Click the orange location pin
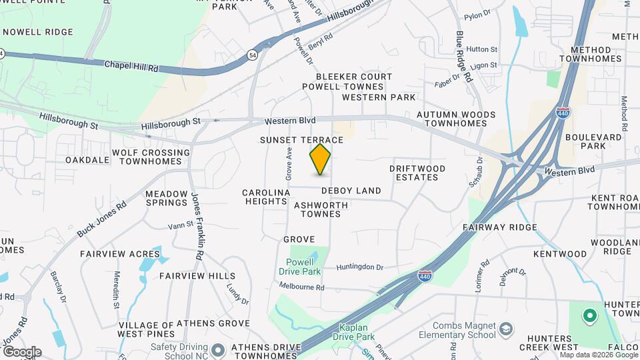320,159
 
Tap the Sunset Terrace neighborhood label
301,140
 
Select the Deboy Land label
351,191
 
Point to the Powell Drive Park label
304,267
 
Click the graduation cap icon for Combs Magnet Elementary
507,329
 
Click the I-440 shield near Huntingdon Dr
424,276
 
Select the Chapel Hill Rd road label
131,67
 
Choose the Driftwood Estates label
418,173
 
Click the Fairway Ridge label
500,227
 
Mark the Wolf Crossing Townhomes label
151,157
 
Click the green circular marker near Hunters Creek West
589,315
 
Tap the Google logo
22,351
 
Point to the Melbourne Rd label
301,287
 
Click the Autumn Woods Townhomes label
456,119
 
